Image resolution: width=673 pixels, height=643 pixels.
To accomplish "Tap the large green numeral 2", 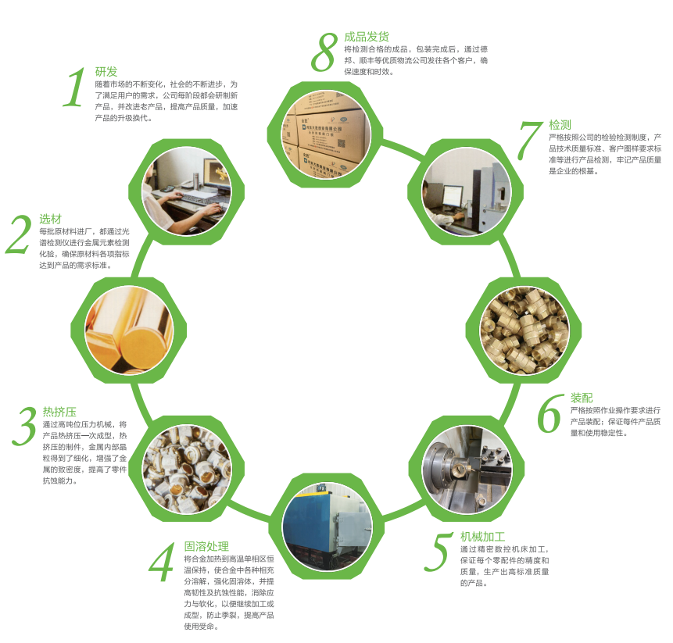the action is tap(20, 234).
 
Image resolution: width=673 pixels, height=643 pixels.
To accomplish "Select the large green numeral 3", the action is tap(25, 427).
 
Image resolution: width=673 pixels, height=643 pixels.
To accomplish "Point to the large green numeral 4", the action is tap(162, 562).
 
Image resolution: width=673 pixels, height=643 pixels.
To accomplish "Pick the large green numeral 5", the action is tap(438, 552).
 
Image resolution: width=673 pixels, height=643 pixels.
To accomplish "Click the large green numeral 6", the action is tap(550, 413).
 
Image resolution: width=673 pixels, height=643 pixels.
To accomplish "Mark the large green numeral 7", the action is tap(531, 141).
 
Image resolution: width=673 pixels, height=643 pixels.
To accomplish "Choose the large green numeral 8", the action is tap(325, 52).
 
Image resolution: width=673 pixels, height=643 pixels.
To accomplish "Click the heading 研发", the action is tap(106, 72).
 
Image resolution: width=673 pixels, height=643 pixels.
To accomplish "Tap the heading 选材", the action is tap(50, 219).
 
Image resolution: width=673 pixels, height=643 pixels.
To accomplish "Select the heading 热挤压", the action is tap(59, 412).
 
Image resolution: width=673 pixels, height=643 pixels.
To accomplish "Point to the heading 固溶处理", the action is tap(206, 546).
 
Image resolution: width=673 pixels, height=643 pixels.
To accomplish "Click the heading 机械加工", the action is tap(483, 537).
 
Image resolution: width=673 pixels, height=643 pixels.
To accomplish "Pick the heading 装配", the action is tap(582, 398).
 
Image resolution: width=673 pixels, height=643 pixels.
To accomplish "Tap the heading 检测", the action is tap(560, 125).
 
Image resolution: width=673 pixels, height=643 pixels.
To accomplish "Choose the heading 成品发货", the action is tap(367, 37).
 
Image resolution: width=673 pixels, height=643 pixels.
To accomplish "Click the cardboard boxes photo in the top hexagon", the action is tap(326, 134).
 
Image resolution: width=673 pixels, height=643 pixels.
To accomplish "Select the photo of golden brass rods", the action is tap(129, 330).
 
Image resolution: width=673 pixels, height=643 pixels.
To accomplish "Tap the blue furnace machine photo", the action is tap(327, 527).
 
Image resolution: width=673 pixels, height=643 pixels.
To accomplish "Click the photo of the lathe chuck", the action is tap(467, 470).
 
